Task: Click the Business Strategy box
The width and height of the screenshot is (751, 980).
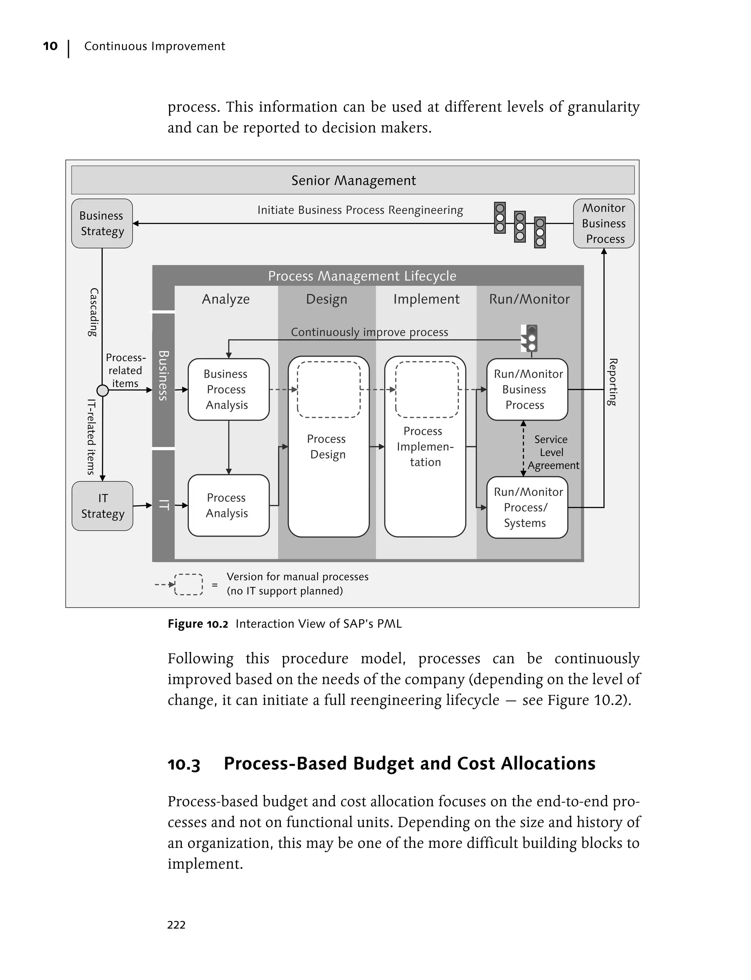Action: pyautogui.click(x=102, y=223)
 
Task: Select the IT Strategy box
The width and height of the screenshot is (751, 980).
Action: pyautogui.click(x=102, y=506)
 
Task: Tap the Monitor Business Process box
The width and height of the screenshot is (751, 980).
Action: pyautogui.click(x=604, y=223)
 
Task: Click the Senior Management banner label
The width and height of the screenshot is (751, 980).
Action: pyautogui.click(x=353, y=180)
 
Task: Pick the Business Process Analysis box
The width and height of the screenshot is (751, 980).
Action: pyautogui.click(x=228, y=389)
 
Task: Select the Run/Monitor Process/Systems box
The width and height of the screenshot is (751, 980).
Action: pyautogui.click(x=527, y=507)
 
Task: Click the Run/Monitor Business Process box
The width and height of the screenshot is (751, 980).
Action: pyautogui.click(x=527, y=389)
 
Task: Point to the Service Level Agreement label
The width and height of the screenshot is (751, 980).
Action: pyautogui.click(x=551, y=452)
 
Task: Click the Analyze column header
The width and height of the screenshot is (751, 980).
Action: pyautogui.click(x=226, y=299)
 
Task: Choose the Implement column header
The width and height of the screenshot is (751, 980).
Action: pyautogui.click(x=426, y=299)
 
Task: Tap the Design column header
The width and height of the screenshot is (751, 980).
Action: pyautogui.click(x=326, y=299)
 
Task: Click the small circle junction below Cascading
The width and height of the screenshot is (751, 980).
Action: pyautogui.click(x=103, y=390)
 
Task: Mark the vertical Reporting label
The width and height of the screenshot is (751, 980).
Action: pyautogui.click(x=613, y=382)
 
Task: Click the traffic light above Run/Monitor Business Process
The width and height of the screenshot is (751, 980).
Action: pyautogui.click(x=530, y=339)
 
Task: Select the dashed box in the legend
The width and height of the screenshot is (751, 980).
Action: pyautogui.click(x=188, y=584)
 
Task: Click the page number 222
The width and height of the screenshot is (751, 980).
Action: pyautogui.click(x=176, y=925)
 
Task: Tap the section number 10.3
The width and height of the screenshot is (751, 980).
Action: pyautogui.click(x=184, y=764)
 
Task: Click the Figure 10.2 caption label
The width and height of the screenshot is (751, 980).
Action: pyautogui.click(x=198, y=623)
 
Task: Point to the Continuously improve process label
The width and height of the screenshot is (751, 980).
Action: pyautogui.click(x=369, y=332)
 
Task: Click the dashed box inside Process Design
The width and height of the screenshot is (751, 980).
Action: pyautogui.click(x=329, y=389)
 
